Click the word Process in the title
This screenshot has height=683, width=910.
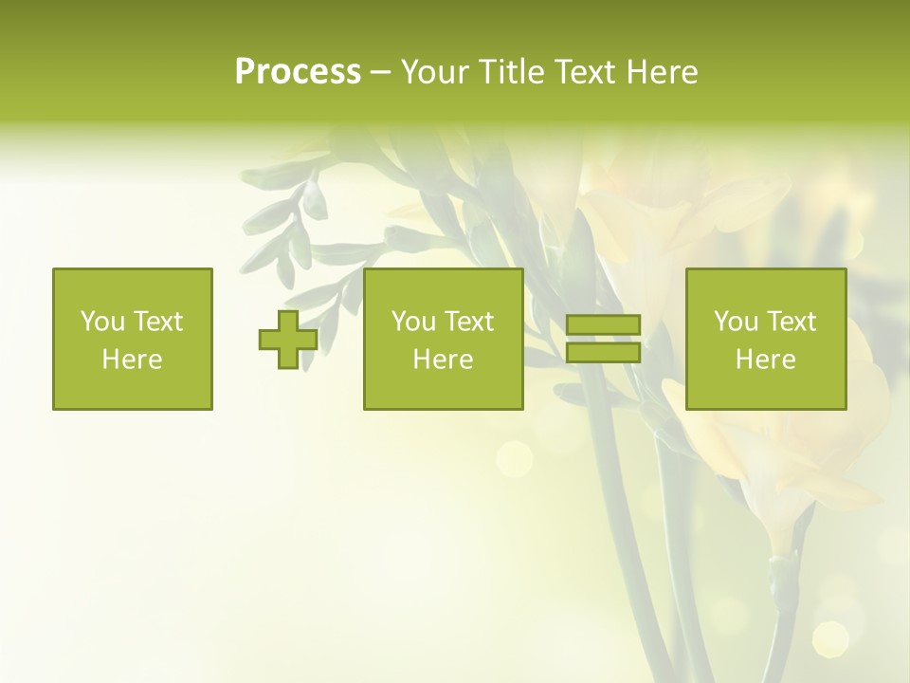tap(298, 72)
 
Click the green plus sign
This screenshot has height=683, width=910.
tap(288, 340)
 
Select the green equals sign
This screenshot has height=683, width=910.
tap(603, 339)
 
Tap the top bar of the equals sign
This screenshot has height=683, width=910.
tap(603, 325)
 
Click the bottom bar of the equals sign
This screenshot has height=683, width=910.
tap(603, 352)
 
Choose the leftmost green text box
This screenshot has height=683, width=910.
tap(133, 339)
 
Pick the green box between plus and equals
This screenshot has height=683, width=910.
tap(444, 339)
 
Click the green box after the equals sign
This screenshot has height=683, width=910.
tap(766, 339)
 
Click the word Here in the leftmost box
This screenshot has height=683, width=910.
tap(133, 360)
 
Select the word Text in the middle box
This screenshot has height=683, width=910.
tap(469, 322)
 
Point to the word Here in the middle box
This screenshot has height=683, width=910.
tap(444, 360)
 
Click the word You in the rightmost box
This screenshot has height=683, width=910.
tap(737, 322)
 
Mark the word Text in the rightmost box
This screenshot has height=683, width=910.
tap(792, 322)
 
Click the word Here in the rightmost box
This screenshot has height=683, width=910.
tap(766, 360)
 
